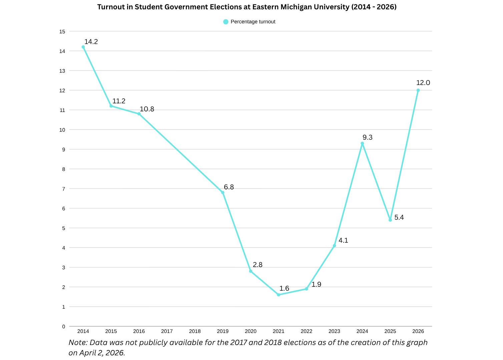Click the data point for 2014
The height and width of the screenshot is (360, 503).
click(83, 47)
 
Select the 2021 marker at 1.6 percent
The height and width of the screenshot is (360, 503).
click(279, 295)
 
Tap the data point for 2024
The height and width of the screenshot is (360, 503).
click(362, 143)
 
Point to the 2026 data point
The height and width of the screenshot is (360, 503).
click(418, 90)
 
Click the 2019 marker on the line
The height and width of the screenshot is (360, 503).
click(223, 192)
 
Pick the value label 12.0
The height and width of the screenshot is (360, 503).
click(423, 83)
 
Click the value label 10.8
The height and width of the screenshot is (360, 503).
click(147, 109)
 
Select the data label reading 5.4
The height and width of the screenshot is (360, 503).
click(399, 217)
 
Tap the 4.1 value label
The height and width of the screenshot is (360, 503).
click(343, 240)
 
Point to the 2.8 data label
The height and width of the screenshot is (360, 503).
click(258, 265)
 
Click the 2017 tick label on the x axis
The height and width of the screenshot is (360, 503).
click(167, 331)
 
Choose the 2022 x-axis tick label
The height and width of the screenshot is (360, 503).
click(307, 331)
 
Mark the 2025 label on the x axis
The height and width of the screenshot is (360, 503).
click(390, 331)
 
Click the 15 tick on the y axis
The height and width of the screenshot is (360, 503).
click(62, 32)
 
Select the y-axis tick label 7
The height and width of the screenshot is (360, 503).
click(63, 189)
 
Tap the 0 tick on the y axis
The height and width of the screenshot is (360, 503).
click(63, 327)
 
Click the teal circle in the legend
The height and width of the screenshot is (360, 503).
click(226, 22)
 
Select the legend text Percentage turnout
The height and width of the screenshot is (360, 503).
click(253, 22)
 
